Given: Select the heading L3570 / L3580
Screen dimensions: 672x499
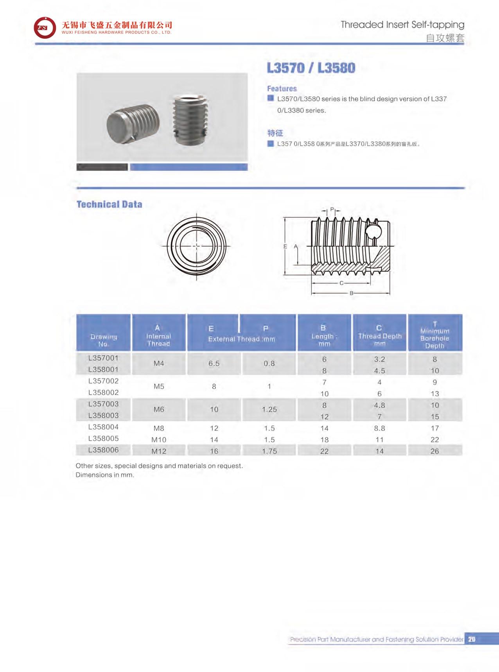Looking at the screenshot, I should click(x=311, y=68).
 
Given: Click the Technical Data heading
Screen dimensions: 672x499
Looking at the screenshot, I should click(x=109, y=204).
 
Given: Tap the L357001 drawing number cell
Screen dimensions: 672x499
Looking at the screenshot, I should click(x=103, y=358).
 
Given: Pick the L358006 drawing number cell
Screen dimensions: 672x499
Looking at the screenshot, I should click(x=103, y=450).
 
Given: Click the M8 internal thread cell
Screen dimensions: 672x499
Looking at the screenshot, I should click(x=159, y=428).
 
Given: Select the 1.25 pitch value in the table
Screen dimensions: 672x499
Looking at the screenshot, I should click(x=269, y=409).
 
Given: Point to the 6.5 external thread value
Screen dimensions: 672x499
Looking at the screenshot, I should click(x=214, y=363).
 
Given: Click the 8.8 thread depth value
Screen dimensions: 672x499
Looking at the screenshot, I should click(x=379, y=428).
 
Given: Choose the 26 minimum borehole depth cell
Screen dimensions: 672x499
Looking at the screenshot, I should click(x=434, y=451).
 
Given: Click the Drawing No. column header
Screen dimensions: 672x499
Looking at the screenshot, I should click(x=103, y=340).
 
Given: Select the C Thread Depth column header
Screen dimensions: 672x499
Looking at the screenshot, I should click(x=379, y=336).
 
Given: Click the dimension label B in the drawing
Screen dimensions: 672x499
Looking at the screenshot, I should click(x=351, y=293).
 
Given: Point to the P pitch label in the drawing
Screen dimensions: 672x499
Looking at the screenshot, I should click(x=332, y=210).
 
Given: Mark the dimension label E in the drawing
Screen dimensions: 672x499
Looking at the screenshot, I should click(x=285, y=246).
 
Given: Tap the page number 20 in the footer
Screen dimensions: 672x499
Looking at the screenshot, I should click(x=471, y=639).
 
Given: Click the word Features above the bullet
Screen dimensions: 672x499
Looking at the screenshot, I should click(x=282, y=89).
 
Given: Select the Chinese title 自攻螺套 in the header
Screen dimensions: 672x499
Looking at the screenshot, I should click(x=445, y=38).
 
